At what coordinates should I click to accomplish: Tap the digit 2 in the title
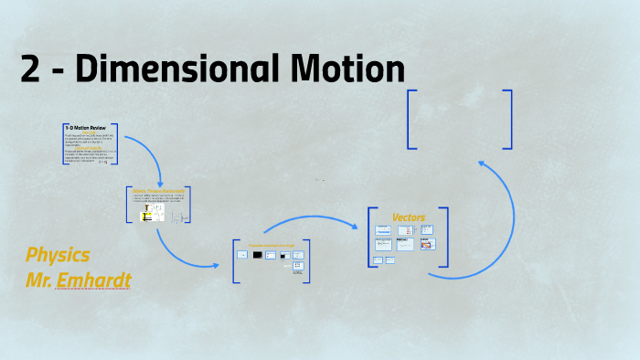[30, 71]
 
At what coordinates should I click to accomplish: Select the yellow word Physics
[58, 255]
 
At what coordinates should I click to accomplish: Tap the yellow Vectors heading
[408, 217]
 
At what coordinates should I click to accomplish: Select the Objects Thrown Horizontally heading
[158, 191]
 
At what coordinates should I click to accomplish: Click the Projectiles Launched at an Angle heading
[272, 245]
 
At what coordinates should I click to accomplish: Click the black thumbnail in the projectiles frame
[258, 255]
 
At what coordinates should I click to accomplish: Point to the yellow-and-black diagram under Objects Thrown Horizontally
[145, 217]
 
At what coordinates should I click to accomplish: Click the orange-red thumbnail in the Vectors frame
[426, 244]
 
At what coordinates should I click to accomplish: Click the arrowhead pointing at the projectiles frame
[216, 266]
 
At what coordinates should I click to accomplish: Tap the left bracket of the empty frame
[411, 119]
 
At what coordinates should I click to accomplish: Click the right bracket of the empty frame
[508, 119]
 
